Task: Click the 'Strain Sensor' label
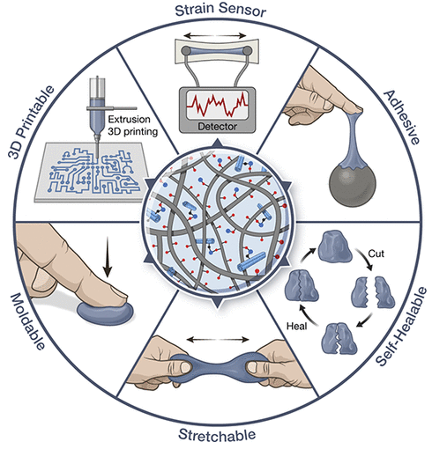click(x=220, y=10)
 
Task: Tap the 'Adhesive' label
click(x=402, y=117)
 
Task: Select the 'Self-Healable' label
click(x=402, y=327)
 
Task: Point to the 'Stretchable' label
click(x=217, y=435)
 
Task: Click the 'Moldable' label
click(x=28, y=321)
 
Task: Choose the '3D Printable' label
click(x=31, y=121)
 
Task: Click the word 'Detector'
click(x=218, y=127)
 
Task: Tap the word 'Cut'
click(x=376, y=254)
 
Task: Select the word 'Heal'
click(x=297, y=326)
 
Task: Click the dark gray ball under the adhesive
click(x=353, y=186)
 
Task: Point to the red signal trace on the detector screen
click(x=218, y=104)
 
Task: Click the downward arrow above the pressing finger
click(x=108, y=257)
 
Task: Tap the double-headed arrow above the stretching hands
click(x=218, y=340)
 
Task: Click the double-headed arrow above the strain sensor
click(x=215, y=36)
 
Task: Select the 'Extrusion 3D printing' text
click(x=132, y=125)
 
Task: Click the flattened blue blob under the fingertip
click(x=105, y=313)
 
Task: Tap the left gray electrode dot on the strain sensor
click(x=186, y=51)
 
